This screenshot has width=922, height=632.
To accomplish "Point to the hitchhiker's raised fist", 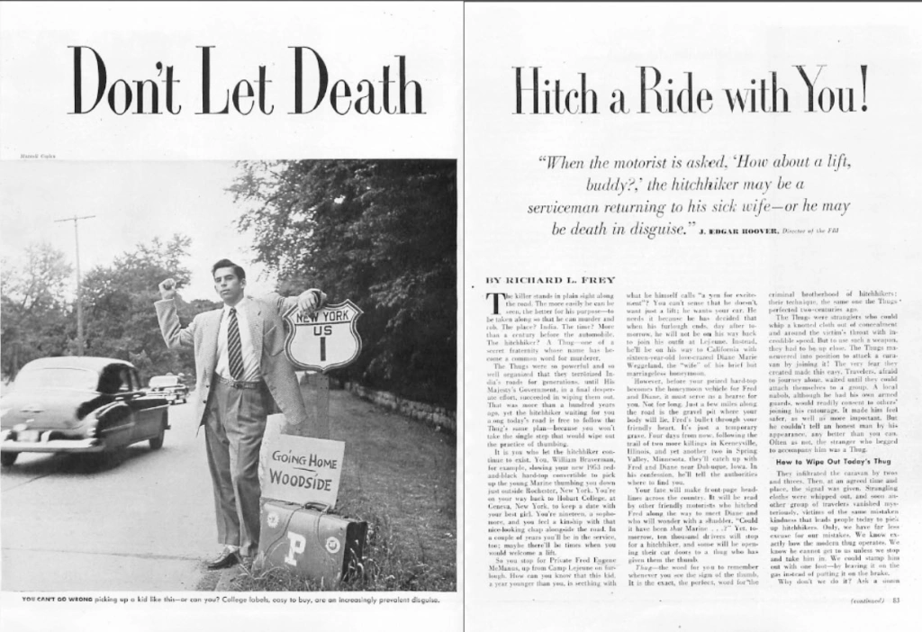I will (167, 288).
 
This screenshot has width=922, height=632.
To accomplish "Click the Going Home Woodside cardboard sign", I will (301, 469).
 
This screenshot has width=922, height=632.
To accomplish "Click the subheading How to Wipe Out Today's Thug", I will (823, 461).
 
